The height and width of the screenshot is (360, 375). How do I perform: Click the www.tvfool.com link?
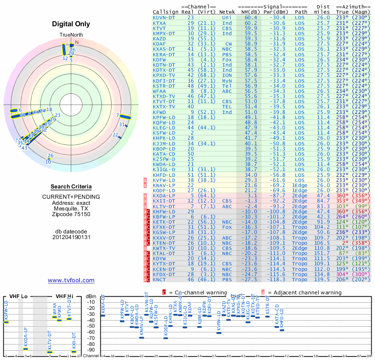click(x=71, y=280)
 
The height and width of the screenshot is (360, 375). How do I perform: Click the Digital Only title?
click(x=71, y=24)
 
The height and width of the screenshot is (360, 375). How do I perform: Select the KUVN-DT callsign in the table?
click(x=165, y=17)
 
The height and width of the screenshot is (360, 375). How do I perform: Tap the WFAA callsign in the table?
click(x=160, y=91)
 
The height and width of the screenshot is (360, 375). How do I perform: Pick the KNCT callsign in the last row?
click(x=160, y=280)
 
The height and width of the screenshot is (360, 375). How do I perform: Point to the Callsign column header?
click(x=165, y=12)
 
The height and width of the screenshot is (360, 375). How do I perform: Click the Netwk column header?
click(x=227, y=12)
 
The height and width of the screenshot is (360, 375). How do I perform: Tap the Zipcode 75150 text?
click(x=71, y=214)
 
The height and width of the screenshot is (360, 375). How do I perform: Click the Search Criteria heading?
click(x=71, y=187)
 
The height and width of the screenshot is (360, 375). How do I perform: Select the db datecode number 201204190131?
click(x=71, y=237)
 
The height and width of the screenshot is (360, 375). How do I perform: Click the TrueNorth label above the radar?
click(x=71, y=35)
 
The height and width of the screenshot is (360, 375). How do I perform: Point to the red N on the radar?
click(x=77, y=43)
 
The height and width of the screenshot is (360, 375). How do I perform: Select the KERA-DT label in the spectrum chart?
click(x=103, y=305)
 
